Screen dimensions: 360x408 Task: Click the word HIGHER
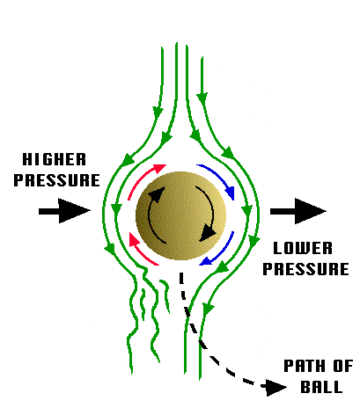click(x=55, y=159)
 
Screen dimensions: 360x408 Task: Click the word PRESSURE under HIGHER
click(x=57, y=180)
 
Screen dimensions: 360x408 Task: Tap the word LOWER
click(x=303, y=248)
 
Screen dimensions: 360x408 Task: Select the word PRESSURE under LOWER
click(x=306, y=269)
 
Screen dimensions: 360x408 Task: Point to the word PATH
click(x=306, y=366)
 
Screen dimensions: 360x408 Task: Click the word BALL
click(x=321, y=387)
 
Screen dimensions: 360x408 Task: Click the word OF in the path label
click(x=343, y=366)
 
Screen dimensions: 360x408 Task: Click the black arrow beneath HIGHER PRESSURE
click(x=64, y=211)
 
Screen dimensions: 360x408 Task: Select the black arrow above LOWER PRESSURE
click(x=298, y=211)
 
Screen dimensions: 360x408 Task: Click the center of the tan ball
click(x=180, y=215)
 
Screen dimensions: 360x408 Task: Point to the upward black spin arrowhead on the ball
click(x=157, y=193)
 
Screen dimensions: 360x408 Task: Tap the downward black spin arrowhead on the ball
click(x=208, y=233)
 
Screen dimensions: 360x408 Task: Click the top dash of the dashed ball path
click(x=181, y=278)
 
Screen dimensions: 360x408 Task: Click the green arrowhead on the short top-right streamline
click(x=202, y=98)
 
